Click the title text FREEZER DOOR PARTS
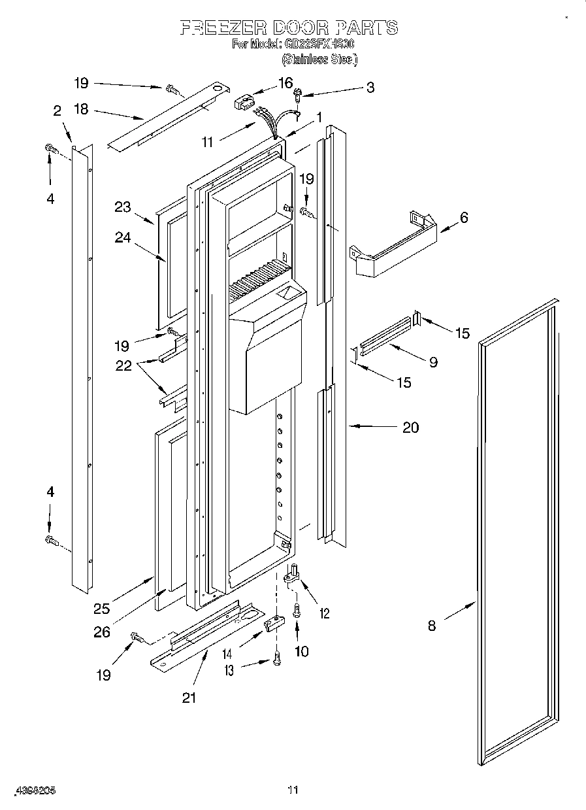pos(288,27)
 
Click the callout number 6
pos(463,218)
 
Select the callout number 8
pos(432,625)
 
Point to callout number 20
pos(410,428)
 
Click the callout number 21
pos(189,698)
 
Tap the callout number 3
pos(370,87)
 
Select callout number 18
pos(81,109)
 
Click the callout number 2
pos(57,110)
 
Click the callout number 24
pos(123,238)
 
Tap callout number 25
pos(101,609)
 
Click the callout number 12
pos(324,613)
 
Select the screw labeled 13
pos(276,662)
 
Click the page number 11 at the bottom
pos(293,790)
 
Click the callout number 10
pos(302,651)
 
